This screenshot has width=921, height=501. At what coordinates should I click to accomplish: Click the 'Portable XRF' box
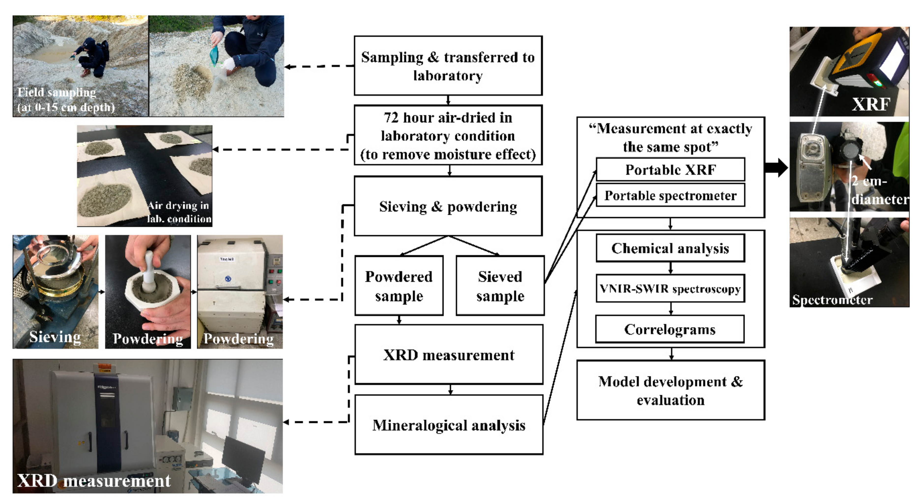pyautogui.click(x=670, y=169)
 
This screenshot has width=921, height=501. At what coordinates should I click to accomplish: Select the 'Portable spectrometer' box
pyautogui.click(x=670, y=195)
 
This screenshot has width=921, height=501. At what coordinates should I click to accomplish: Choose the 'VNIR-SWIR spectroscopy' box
pyautogui.click(x=670, y=288)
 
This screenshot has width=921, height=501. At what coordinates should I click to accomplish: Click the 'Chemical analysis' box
pyautogui.click(x=670, y=248)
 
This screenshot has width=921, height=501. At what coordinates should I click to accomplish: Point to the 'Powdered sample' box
pyautogui.click(x=399, y=286)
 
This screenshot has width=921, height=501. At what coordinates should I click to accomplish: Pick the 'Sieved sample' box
pyautogui.click(x=500, y=286)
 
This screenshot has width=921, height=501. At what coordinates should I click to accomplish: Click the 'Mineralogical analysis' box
pyautogui.click(x=449, y=425)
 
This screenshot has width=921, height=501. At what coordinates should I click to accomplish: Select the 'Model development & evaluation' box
pyautogui.click(x=671, y=390)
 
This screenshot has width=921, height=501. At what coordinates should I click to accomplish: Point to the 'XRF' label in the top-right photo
pyautogui.click(x=871, y=104)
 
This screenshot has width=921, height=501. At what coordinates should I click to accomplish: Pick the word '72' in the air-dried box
pyautogui.click(x=391, y=118)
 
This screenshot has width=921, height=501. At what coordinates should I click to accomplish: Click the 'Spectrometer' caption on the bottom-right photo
pyautogui.click(x=832, y=299)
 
